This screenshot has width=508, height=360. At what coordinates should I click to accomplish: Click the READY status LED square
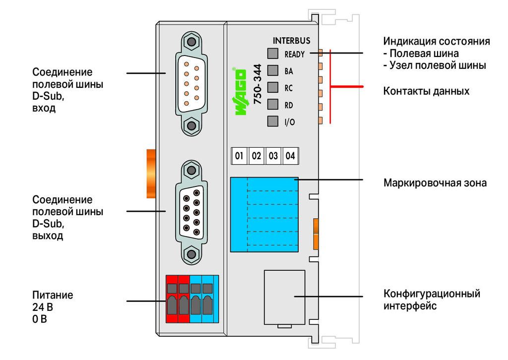(x=273, y=54)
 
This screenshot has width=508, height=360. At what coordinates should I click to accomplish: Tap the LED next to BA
(x=273, y=70)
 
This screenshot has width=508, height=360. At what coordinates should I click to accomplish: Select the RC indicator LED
(x=273, y=87)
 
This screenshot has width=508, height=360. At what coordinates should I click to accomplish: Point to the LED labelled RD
(x=273, y=104)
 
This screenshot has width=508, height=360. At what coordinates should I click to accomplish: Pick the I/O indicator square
(x=273, y=121)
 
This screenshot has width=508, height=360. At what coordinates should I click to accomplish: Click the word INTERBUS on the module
(x=291, y=41)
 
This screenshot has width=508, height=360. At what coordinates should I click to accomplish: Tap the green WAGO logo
(x=240, y=91)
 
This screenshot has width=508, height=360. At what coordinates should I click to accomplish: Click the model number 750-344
(x=257, y=84)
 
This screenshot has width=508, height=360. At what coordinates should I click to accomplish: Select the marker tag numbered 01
(x=239, y=156)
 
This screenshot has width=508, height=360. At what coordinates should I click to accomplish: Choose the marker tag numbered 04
(x=290, y=156)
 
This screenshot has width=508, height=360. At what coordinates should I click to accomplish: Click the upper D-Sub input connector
(x=191, y=83)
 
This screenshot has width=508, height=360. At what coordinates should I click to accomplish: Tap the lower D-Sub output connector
(x=191, y=212)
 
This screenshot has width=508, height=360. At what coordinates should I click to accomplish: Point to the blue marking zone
(x=264, y=215)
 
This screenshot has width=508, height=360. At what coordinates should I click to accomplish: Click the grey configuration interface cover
(x=284, y=297)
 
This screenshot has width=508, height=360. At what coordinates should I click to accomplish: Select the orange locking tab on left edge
(x=151, y=174)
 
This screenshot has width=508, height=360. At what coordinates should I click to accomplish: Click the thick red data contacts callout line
(x=346, y=87)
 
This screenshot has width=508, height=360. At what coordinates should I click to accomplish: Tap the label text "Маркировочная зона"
(x=435, y=183)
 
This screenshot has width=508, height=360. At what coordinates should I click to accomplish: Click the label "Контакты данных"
(x=426, y=91)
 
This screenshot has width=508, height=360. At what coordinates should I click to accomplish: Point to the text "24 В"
(x=43, y=307)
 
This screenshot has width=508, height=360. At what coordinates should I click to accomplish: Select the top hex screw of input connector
(x=191, y=42)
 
